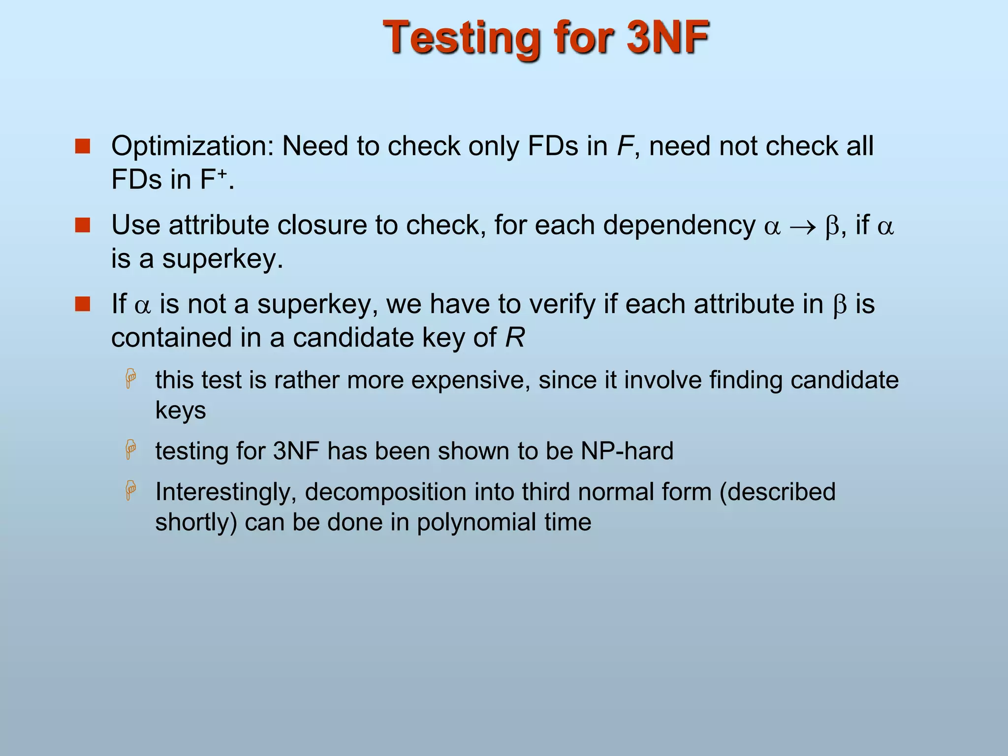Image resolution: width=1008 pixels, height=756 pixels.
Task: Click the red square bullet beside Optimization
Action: point(83,146)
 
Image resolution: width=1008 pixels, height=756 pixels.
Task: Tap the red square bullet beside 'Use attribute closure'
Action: point(83,225)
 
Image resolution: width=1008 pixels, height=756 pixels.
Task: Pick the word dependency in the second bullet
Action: point(679,225)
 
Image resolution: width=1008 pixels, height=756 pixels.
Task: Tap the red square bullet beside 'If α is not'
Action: point(83,304)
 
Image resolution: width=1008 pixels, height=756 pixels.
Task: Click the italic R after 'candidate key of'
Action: point(515,338)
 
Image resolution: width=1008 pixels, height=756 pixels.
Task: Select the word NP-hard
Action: point(627,451)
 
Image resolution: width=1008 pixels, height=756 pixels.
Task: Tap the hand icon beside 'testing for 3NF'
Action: point(131,449)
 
